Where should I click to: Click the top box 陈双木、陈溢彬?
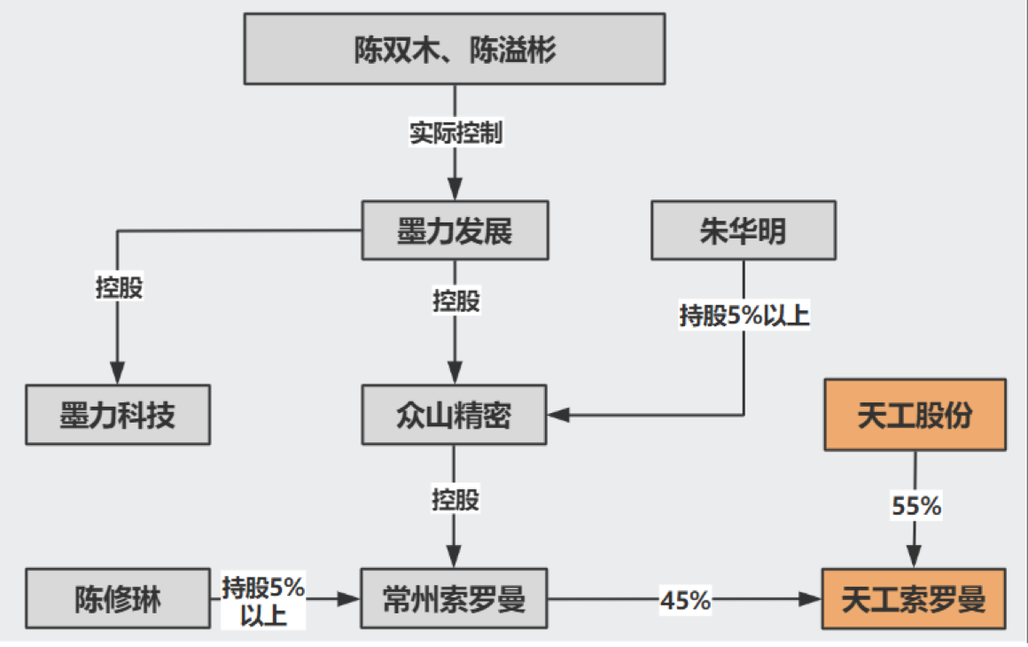coord(455,50)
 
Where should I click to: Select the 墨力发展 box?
coord(455,230)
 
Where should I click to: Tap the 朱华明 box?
coord(743,230)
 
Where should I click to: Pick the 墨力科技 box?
coord(118,415)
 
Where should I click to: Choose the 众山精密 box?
coord(454,415)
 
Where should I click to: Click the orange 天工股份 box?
coord(915,415)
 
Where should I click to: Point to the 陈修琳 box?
coord(118,600)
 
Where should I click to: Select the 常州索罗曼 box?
coord(454,600)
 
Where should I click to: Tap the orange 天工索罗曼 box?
coord(915,600)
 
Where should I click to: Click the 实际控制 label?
coord(456,133)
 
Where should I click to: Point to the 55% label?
coord(915,506)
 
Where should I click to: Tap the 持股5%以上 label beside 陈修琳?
coord(262,600)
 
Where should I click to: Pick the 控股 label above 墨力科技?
coord(119,288)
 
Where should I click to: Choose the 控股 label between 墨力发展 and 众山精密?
coord(456,300)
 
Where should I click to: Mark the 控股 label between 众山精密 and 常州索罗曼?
coord(456,498)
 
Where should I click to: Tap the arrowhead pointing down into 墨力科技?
coord(118,373)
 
